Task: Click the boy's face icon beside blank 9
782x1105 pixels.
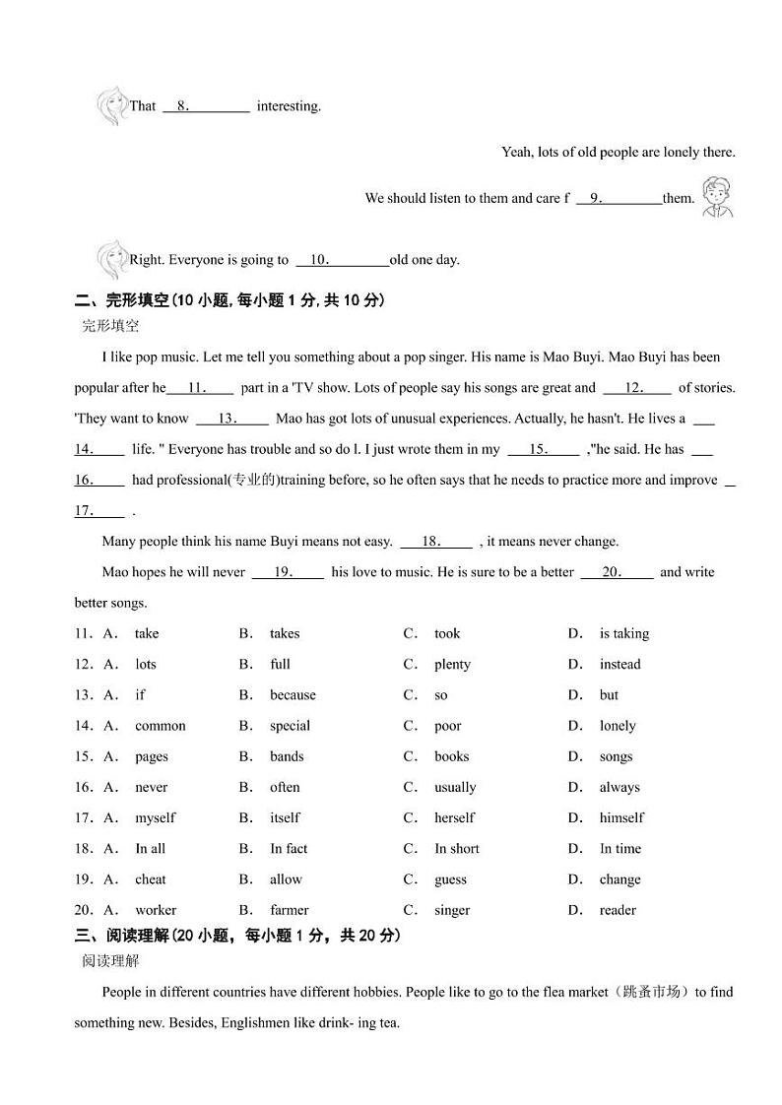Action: (716, 196)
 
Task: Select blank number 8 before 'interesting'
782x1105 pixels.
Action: (206, 106)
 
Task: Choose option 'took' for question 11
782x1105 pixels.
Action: (447, 633)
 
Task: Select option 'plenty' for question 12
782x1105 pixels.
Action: (452, 664)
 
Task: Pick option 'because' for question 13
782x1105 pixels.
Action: (293, 694)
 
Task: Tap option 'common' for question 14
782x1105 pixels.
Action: (160, 726)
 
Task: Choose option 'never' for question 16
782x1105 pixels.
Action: (151, 787)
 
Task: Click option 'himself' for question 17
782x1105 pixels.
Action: (621, 817)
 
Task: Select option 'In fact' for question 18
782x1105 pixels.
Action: (289, 848)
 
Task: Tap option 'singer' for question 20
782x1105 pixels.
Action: (452, 910)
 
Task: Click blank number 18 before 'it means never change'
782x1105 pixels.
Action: (436, 542)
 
